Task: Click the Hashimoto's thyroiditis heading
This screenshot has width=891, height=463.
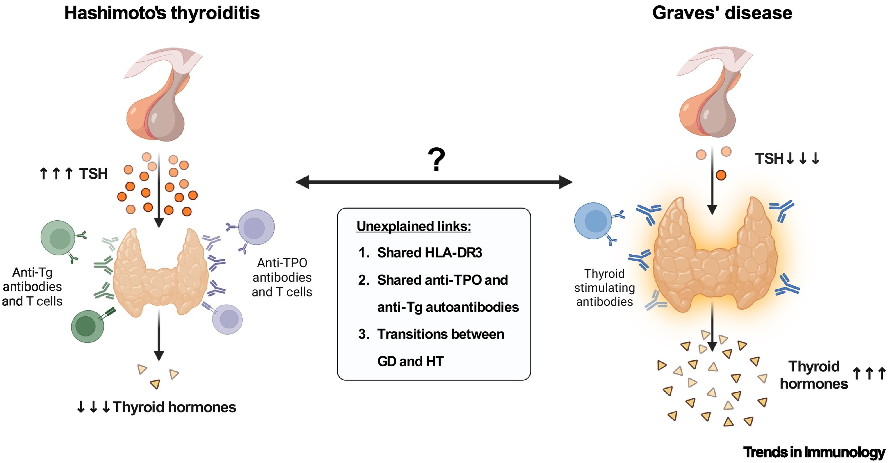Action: [x=162, y=13]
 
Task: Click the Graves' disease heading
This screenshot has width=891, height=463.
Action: [x=722, y=13]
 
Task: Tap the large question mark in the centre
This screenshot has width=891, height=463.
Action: [x=436, y=159]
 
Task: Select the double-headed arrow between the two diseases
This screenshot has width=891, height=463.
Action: [x=434, y=182]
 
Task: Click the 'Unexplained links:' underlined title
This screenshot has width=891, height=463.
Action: [x=414, y=226]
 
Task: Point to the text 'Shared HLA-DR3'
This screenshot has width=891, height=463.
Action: [x=429, y=253]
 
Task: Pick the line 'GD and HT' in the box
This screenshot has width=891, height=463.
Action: [x=410, y=361]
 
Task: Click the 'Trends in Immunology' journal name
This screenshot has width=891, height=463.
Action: [x=814, y=452]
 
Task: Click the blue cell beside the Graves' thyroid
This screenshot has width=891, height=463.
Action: [x=593, y=221]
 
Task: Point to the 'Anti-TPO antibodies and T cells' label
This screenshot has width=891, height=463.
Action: [x=282, y=278]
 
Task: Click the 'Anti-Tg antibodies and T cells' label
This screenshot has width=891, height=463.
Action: [x=32, y=287]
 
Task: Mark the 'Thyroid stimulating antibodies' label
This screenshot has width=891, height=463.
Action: [x=604, y=288]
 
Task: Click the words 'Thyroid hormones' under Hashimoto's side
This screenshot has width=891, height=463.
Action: [x=174, y=407]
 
